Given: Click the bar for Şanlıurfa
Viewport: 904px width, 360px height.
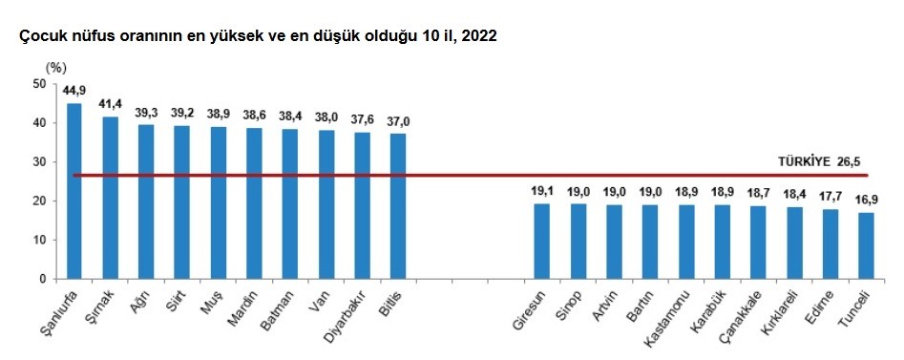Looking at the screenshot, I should tap(74, 191).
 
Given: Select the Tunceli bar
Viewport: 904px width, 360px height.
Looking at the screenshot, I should tap(866, 245).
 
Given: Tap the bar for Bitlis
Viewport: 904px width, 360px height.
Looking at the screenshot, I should tap(398, 206).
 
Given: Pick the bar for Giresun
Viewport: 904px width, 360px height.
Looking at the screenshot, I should tap(541, 241).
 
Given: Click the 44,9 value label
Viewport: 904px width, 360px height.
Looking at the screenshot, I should tap(74, 92).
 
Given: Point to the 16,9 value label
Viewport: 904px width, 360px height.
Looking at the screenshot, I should tap(866, 201).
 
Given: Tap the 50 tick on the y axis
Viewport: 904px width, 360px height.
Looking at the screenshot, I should tap(39, 84).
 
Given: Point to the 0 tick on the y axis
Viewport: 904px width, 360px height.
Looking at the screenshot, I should tap(43, 279).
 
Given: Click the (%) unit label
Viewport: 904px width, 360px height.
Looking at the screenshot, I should tap(56, 68).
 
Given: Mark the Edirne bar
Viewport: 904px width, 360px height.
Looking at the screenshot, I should tap(830, 244).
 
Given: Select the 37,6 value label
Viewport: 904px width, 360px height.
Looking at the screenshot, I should tap(362, 120).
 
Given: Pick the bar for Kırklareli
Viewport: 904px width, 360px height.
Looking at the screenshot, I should tap(794, 243).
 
